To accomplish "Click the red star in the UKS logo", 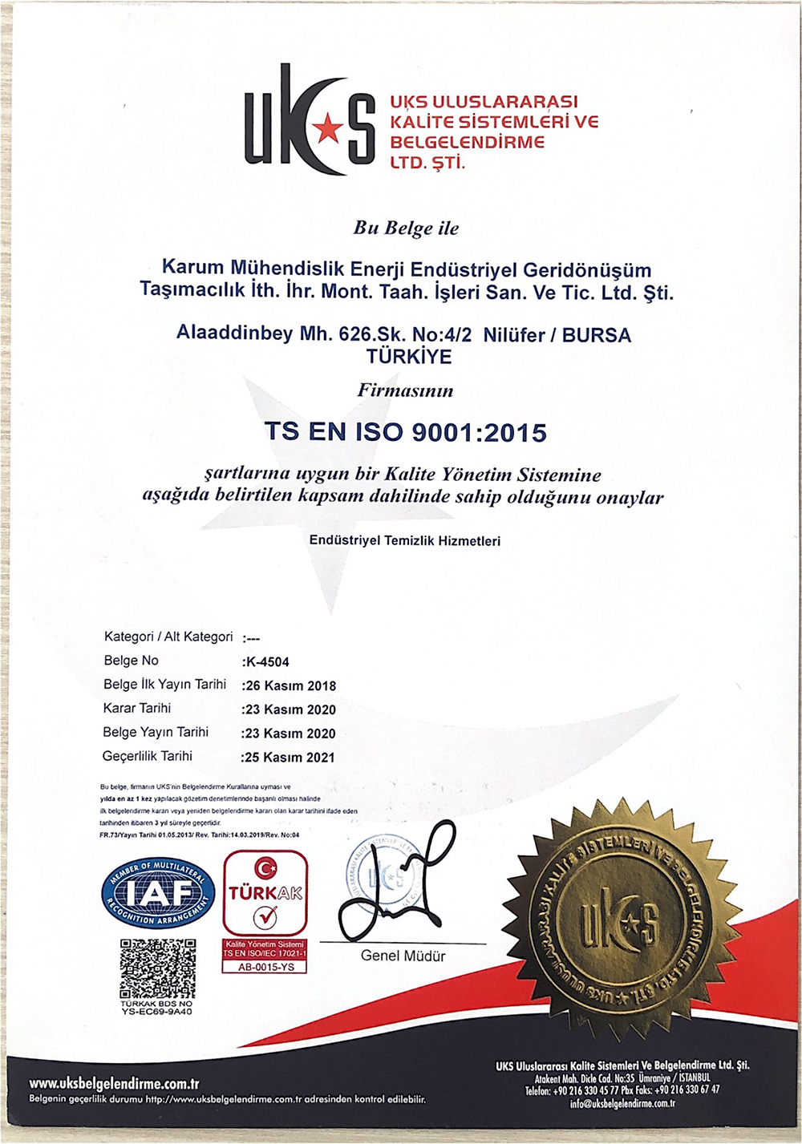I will [327, 127].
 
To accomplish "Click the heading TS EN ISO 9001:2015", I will [406, 432].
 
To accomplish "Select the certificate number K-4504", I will [266, 662].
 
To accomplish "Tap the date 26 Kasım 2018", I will [290, 686].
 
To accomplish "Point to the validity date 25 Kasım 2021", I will [289, 758].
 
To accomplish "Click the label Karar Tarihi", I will [137, 709].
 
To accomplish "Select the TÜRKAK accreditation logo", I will [265, 894].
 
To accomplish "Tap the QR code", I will [157, 968].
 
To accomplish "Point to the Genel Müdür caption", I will [403, 956].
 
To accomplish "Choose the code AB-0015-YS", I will [266, 967].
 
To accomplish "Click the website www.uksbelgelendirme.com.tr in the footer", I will [114, 1084].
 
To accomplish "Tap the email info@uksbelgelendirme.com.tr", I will [622, 1104].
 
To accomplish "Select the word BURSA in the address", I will [597, 335].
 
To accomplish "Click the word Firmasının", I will [405, 391].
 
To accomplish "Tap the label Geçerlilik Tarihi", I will [148, 756].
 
